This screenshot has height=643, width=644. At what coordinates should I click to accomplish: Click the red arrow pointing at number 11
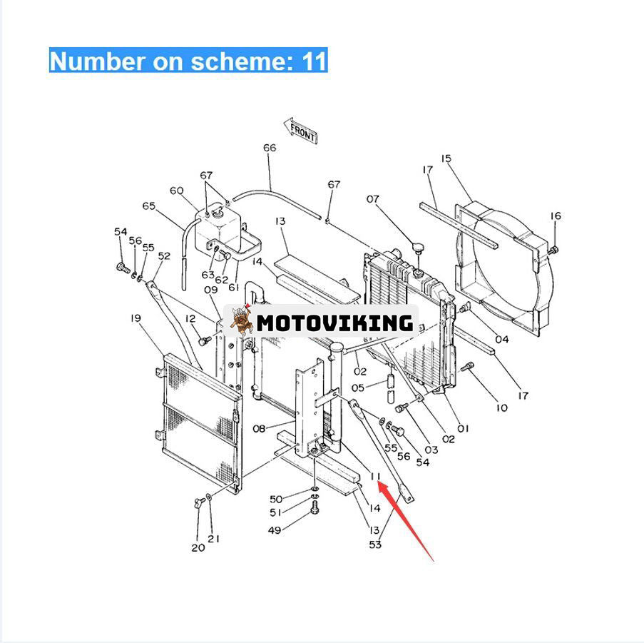(x=405, y=521)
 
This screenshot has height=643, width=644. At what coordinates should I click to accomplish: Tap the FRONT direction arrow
(x=301, y=131)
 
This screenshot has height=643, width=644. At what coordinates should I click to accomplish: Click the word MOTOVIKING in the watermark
(x=334, y=323)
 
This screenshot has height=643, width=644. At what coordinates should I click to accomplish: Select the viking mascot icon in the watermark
(x=242, y=320)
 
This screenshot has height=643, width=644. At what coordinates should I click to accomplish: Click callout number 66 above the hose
(x=270, y=148)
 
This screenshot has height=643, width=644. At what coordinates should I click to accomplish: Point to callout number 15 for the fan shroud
(x=446, y=158)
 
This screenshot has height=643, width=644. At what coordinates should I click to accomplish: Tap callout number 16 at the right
(x=556, y=216)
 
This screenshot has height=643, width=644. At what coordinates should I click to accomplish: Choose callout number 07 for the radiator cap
(x=372, y=199)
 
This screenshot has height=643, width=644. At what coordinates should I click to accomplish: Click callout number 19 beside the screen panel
(x=136, y=318)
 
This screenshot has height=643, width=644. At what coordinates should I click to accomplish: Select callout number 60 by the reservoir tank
(x=177, y=191)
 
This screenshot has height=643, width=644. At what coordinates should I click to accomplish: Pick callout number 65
(x=148, y=206)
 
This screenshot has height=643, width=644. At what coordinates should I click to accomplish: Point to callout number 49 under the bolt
(x=275, y=530)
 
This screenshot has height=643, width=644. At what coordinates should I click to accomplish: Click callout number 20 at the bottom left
(x=198, y=547)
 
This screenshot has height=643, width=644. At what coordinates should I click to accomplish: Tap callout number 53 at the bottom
(x=375, y=545)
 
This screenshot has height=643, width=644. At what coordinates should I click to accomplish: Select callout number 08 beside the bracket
(x=259, y=429)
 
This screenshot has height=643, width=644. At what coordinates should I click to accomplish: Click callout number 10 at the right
(x=502, y=407)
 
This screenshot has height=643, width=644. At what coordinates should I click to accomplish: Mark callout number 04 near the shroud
(x=502, y=340)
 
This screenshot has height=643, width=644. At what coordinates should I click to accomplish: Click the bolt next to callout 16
(x=553, y=249)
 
